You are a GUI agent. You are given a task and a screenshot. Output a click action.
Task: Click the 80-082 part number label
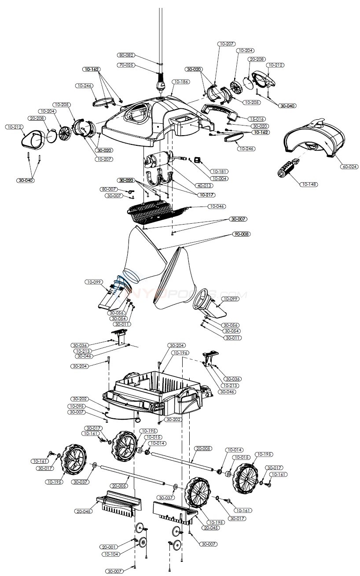[126, 55]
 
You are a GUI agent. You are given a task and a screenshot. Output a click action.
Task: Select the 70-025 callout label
[126, 65]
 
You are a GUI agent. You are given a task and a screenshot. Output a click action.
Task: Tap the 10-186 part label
[181, 82]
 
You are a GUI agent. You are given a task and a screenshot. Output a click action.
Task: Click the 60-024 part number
[349, 166]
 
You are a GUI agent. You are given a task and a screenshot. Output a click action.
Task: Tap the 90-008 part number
[241, 234]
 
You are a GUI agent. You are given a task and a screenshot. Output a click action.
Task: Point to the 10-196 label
[180, 353]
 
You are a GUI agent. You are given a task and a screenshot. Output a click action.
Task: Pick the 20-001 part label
[109, 546]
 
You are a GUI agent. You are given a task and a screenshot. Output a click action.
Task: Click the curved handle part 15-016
[220, 112]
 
